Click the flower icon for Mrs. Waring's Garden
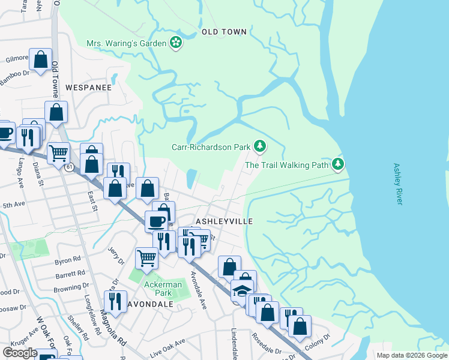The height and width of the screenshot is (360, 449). (x=176, y=43)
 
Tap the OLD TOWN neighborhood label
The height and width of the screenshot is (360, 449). (x=224, y=31)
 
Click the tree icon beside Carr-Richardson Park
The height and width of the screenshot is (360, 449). (x=259, y=146)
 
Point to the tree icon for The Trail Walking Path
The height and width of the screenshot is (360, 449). (x=339, y=164)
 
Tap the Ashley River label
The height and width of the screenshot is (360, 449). (x=397, y=184)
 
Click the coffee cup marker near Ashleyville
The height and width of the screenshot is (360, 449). (x=157, y=221)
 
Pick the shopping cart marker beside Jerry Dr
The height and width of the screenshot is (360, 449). (x=146, y=259)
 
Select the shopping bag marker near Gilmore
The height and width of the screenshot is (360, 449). (x=41, y=59)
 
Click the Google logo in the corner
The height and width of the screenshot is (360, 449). (x=20, y=353)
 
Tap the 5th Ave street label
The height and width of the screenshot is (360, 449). (x=13, y=205)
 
